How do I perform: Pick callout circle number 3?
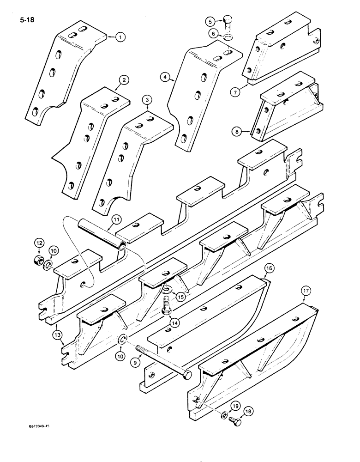point(147,100)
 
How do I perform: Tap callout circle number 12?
point(40,243)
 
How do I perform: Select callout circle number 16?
point(269,268)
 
